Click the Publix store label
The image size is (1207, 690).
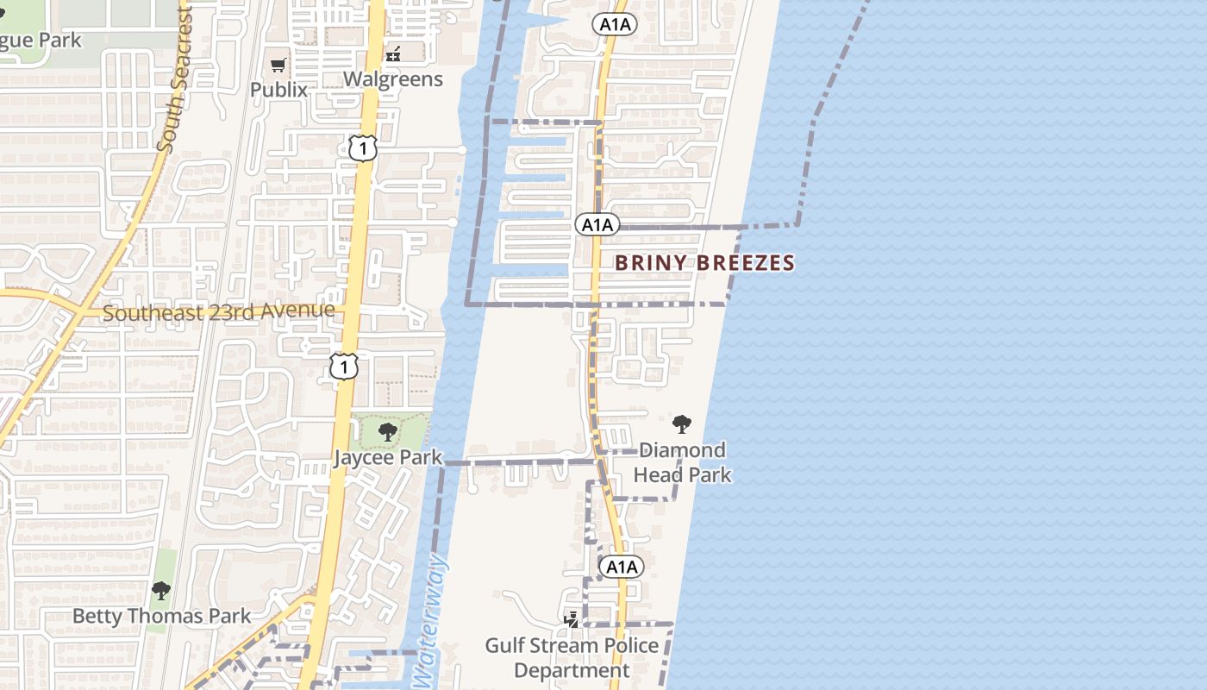(x=278, y=90)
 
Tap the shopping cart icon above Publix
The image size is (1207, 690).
(x=278, y=65)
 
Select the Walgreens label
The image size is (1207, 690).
(x=393, y=79)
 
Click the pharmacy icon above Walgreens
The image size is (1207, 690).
(x=393, y=54)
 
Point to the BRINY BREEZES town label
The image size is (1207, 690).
(x=704, y=263)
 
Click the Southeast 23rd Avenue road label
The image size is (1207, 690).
(x=219, y=311)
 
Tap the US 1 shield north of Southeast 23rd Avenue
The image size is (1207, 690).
(x=363, y=148)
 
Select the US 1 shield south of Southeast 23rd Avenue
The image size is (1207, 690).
(x=343, y=367)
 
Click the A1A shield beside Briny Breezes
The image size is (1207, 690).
(x=597, y=225)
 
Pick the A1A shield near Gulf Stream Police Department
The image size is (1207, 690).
(x=621, y=567)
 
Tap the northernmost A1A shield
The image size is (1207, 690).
(x=614, y=25)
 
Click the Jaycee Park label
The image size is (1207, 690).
(x=388, y=458)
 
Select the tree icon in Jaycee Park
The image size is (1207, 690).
(x=388, y=432)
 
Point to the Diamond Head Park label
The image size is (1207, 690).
(x=682, y=462)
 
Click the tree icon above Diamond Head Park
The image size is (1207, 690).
(x=682, y=423)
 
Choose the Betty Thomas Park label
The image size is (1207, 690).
(x=161, y=616)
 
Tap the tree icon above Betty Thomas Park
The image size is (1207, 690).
(x=160, y=591)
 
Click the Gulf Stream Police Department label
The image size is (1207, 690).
(x=572, y=658)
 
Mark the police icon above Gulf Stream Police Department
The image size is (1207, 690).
(x=571, y=619)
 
